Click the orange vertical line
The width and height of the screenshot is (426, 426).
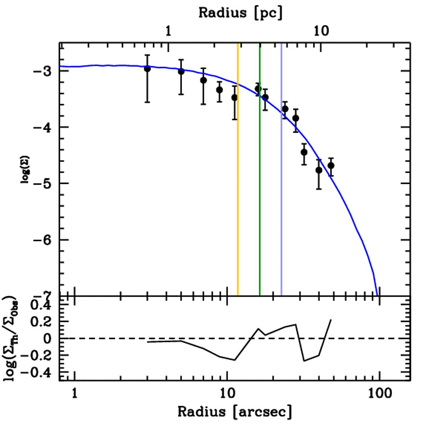[238, 187]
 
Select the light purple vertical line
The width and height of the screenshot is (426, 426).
[282, 187]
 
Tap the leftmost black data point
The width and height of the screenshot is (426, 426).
[147, 69]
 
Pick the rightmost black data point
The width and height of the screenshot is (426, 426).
[331, 166]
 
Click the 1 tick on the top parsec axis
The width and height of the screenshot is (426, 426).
[168, 30]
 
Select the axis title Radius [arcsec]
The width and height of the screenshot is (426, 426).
[235, 412]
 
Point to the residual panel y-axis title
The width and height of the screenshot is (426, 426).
[12, 338]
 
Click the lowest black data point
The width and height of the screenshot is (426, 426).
[319, 170]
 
